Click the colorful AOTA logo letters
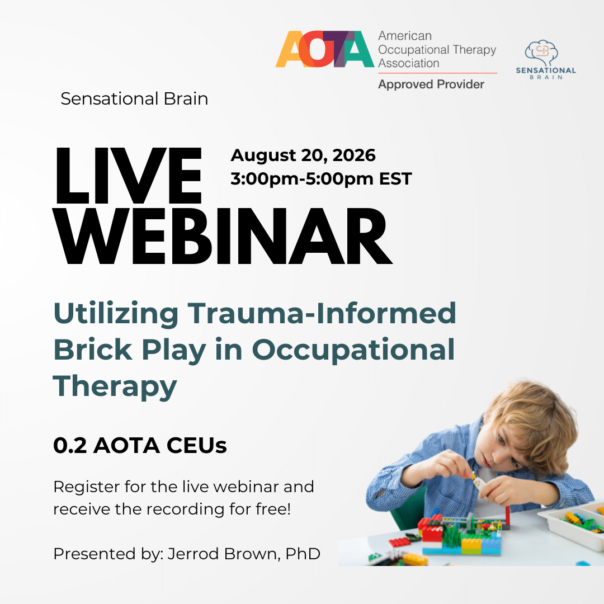[x=325, y=49]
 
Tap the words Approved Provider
[x=431, y=84]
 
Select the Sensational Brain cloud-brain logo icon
[x=541, y=53]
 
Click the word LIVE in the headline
[x=128, y=176]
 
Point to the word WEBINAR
[x=223, y=236]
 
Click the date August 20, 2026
[x=303, y=155]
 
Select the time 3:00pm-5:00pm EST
[x=321, y=179]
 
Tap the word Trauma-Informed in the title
[x=322, y=313]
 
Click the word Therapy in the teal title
[x=115, y=386]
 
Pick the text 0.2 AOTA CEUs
[x=140, y=446]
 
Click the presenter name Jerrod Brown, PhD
[x=244, y=554]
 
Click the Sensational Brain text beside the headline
[x=134, y=98]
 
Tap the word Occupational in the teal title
[x=353, y=350]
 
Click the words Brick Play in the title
[x=129, y=350]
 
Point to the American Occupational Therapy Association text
[x=437, y=49]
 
